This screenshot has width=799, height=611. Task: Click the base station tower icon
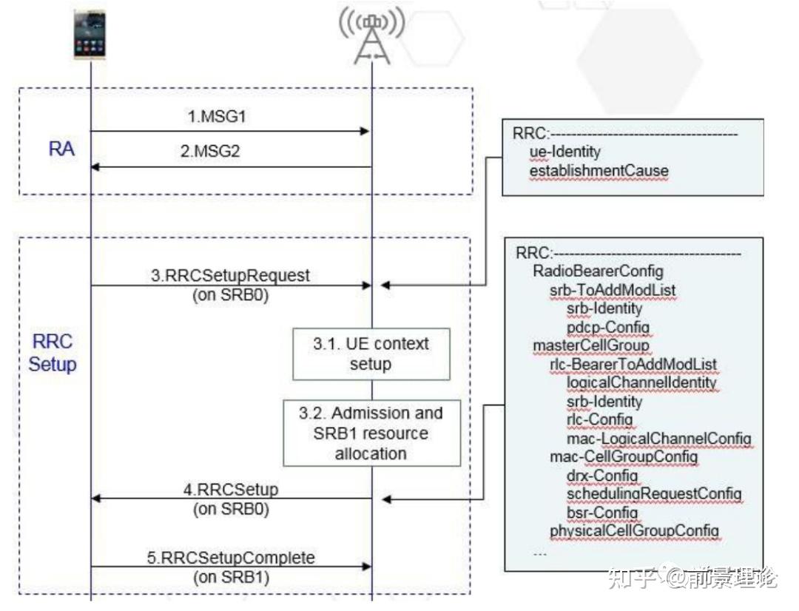(x=371, y=36)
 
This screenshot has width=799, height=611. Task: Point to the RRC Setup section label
(x=53, y=354)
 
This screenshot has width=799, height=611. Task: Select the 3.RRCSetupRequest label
(x=230, y=275)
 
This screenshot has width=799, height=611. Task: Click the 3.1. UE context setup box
(x=370, y=354)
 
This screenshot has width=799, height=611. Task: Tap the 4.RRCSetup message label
(x=230, y=490)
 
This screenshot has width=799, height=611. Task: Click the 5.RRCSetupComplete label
(x=230, y=557)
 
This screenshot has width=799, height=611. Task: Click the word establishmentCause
(x=599, y=171)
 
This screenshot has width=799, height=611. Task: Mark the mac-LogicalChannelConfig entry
(x=658, y=439)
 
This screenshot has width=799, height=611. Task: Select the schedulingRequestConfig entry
(x=654, y=493)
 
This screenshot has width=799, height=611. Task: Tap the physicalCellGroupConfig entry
(x=633, y=530)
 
